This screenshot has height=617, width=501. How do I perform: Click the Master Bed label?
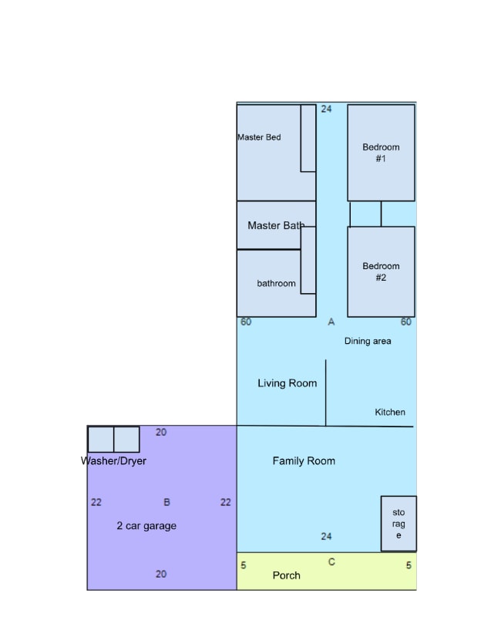[259, 137]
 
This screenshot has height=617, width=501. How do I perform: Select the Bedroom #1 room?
[381, 153]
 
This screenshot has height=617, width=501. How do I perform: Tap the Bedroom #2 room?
[381, 271]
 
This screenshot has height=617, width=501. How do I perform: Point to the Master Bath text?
[276, 226]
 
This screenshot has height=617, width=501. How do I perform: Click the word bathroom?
[276, 283]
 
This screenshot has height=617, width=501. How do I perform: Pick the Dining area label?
[368, 341]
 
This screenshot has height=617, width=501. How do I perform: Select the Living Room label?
[287, 383]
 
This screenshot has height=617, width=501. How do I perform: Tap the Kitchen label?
[390, 413]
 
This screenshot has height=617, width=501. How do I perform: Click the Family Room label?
[304, 461]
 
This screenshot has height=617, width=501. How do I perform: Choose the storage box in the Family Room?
[398, 524]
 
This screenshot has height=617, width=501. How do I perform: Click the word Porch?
[286, 575]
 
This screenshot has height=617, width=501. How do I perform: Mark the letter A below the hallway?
[331, 322]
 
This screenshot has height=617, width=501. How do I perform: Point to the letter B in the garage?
[166, 502]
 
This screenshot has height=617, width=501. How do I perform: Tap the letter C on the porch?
[331, 562]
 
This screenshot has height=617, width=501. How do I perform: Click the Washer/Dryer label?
[113, 461]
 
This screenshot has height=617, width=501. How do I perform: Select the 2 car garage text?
[146, 526]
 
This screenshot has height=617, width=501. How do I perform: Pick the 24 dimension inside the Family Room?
[327, 536]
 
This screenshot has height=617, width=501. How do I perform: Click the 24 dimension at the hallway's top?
[327, 109]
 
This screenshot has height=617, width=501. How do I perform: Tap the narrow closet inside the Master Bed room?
[308, 138]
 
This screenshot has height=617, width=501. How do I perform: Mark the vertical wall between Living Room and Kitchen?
[325, 392]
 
